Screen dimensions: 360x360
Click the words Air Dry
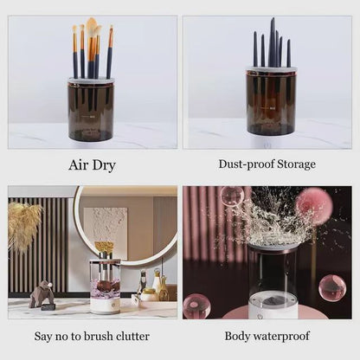click(91, 164)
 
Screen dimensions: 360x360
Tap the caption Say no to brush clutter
click(91, 336)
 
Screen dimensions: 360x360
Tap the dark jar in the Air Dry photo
click(91, 110)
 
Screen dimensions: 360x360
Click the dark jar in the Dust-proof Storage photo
click(271, 102)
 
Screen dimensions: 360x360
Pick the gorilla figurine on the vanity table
click(41, 294)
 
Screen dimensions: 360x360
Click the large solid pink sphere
click(315, 206)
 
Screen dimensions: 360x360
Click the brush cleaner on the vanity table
click(105, 281)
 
